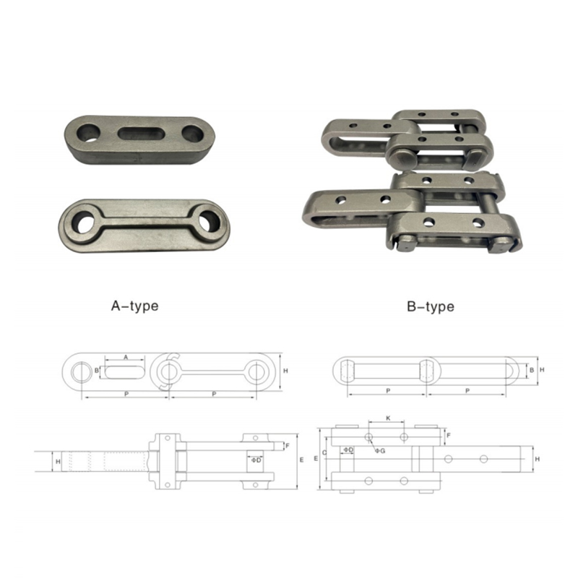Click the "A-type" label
135,306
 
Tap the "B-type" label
431,306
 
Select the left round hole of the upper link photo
88,133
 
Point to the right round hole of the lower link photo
209,221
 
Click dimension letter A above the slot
126,357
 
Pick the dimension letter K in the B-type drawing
388,418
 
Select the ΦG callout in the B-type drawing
380,450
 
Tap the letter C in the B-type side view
324,452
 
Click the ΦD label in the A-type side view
256,460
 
